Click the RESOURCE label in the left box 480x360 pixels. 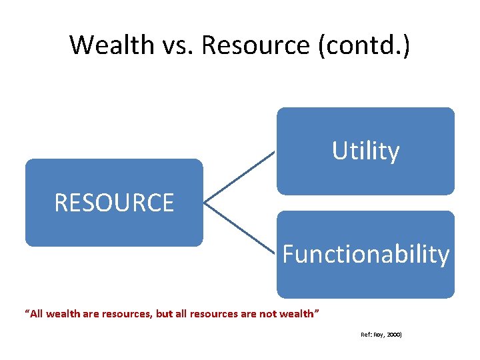[x=114, y=203]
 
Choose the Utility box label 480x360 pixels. [x=365, y=151]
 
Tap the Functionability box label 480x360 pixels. [x=365, y=254]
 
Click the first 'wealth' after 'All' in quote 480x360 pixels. [x=66, y=313]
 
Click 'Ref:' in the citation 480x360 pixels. [x=366, y=335]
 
